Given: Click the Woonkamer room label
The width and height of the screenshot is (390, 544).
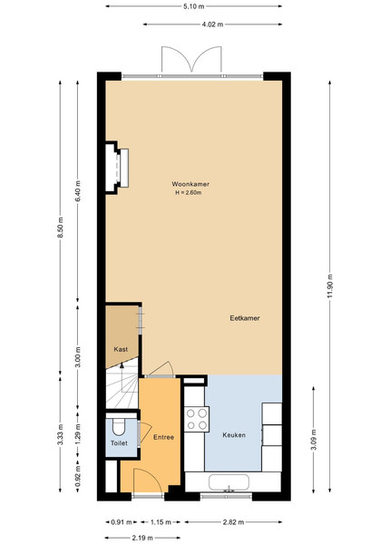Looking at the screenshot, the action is click(x=190, y=184).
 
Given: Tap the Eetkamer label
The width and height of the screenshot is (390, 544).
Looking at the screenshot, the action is click(x=245, y=318).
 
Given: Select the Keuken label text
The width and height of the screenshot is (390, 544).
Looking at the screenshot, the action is click(x=234, y=434).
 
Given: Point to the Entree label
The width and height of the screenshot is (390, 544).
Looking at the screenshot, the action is click(x=163, y=437).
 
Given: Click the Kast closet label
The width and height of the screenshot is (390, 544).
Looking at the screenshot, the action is click(x=121, y=349).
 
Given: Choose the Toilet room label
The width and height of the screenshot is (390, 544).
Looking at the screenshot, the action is click(x=119, y=443).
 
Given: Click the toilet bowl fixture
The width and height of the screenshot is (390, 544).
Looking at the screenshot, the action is click(x=119, y=426).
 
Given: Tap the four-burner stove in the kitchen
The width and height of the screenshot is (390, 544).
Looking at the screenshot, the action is click(x=197, y=419).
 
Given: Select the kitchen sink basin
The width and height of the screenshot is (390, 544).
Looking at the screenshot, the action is click(x=229, y=482).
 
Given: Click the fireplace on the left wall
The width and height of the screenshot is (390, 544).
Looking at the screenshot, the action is click(x=117, y=168).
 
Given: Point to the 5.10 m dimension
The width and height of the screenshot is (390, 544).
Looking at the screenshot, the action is click(x=193, y=6).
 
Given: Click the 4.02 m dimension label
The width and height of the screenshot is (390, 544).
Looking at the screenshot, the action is click(x=212, y=24).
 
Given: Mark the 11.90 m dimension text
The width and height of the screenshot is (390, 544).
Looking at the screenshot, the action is click(x=329, y=286).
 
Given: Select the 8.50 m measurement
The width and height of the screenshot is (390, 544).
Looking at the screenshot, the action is click(x=61, y=228).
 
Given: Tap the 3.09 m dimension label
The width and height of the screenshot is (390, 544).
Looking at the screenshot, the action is click(x=313, y=439).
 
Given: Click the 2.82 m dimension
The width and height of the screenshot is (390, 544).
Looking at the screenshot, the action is click(x=233, y=522).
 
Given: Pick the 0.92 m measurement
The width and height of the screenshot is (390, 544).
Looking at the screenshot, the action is click(x=78, y=476).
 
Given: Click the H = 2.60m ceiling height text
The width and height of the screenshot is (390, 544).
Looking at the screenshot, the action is click(x=188, y=192).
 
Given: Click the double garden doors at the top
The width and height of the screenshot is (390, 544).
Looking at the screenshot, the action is click(x=191, y=60).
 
